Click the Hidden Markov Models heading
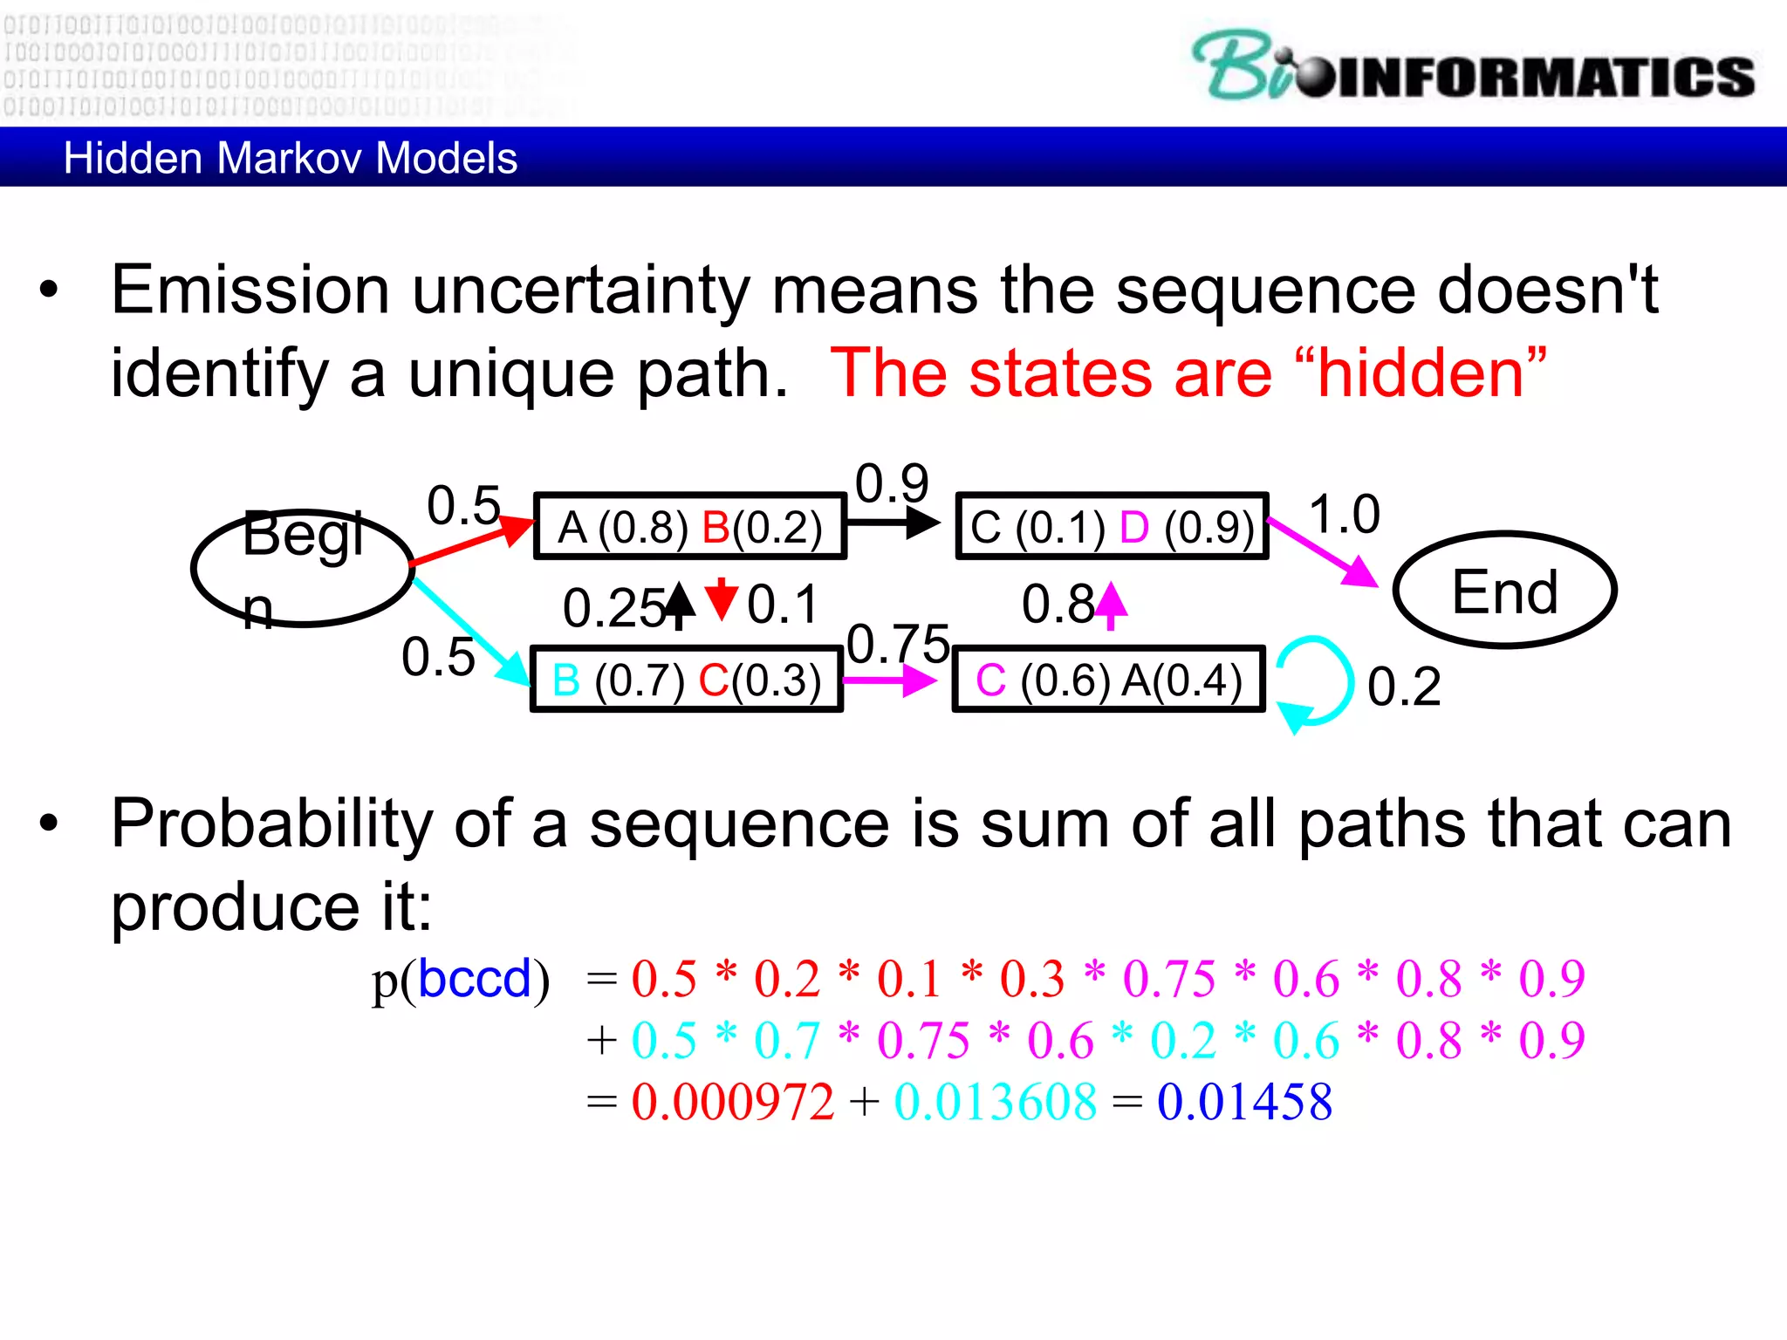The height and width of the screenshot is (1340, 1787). pyautogui.click(x=290, y=159)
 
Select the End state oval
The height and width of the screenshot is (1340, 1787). pyautogui.click(x=1504, y=591)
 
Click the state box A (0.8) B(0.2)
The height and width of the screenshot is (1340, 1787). pyautogui.click(x=689, y=527)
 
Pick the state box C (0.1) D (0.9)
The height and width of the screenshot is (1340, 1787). pyautogui.click(x=1112, y=527)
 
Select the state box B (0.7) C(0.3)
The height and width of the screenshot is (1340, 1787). pyautogui.click(x=687, y=680)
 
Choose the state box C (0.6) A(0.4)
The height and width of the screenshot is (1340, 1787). pyautogui.click(x=1108, y=680)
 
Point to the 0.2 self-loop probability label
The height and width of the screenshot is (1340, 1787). pyautogui.click(x=1403, y=687)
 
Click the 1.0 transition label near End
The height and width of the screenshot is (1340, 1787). pyautogui.click(x=1344, y=514)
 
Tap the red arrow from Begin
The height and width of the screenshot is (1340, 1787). pyautogui.click(x=471, y=542)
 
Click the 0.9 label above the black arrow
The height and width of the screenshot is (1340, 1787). pyautogui.click(x=892, y=483)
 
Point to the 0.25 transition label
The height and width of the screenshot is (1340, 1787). pyautogui.click(x=613, y=608)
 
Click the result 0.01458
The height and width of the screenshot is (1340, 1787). pyautogui.click(x=1244, y=1102)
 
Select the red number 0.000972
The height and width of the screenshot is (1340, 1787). pyautogui.click(x=732, y=1102)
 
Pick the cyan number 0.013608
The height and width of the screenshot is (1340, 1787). pyautogui.click(x=995, y=1102)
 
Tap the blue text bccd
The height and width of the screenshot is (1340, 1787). pyautogui.click(x=474, y=979)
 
